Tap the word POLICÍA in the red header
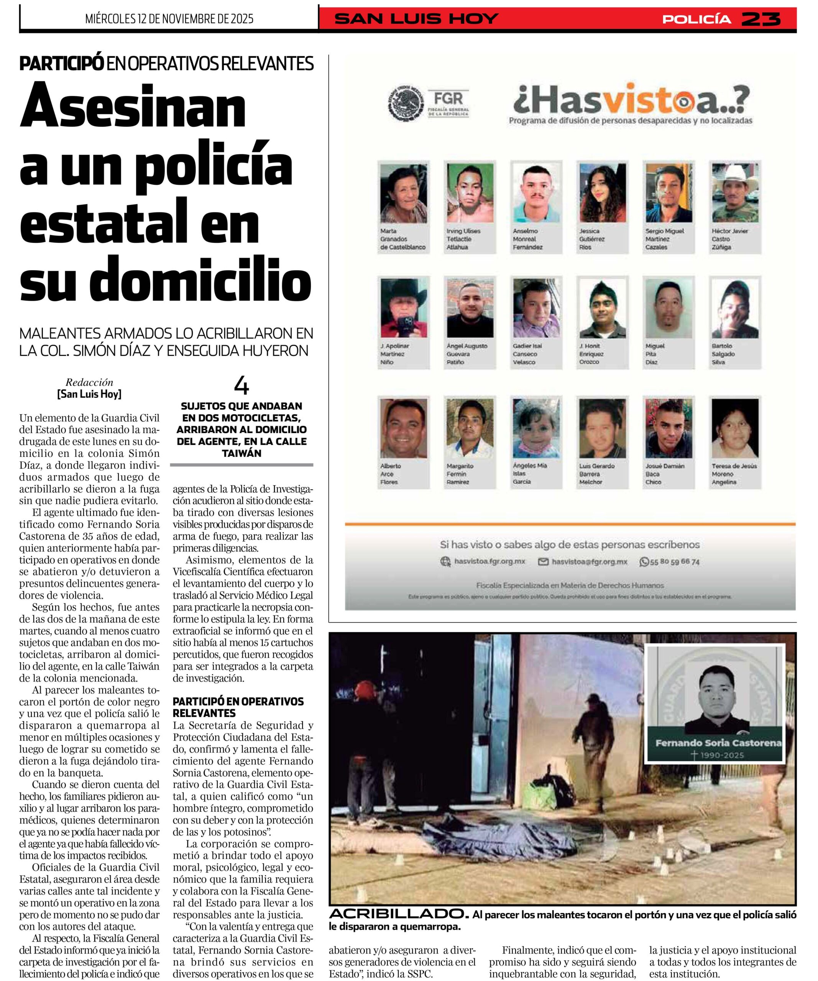tap(696, 19)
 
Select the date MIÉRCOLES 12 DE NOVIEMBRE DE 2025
tap(169, 19)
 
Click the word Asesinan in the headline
tap(133, 107)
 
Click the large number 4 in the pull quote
tap(241, 386)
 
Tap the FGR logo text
tap(448, 98)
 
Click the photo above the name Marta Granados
tap(404, 193)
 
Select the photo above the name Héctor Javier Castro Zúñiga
tap(735, 193)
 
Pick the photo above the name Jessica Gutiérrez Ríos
tap(603, 193)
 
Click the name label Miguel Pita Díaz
tap(654, 354)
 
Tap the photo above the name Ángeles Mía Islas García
tap(536, 428)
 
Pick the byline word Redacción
tap(89, 382)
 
